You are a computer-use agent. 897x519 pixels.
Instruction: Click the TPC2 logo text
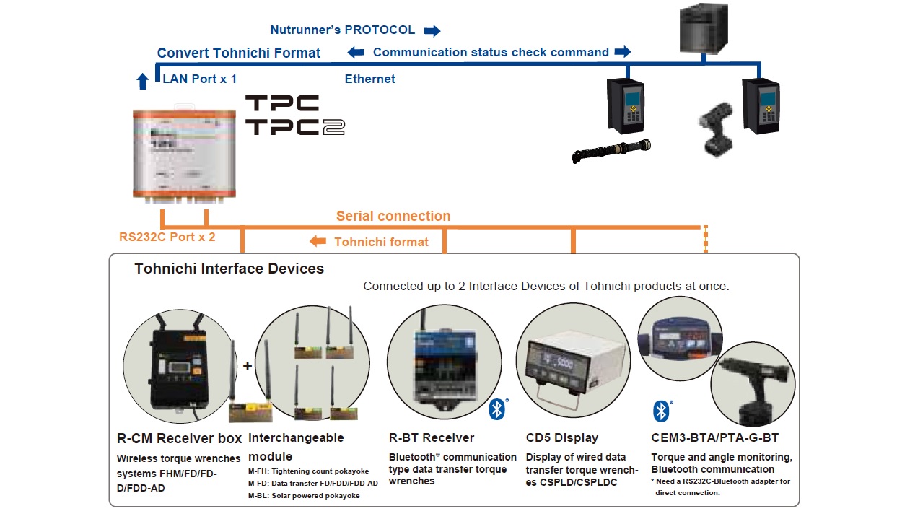(294, 127)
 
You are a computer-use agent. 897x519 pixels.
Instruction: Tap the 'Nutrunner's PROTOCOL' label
(342, 30)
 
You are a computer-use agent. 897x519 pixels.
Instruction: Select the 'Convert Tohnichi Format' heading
(239, 53)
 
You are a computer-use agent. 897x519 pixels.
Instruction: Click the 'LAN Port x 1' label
(200, 79)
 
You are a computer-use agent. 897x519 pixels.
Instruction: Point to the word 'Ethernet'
(369, 79)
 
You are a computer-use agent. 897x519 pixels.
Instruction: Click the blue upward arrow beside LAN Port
(142, 80)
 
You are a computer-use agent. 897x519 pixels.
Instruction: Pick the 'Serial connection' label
(393, 216)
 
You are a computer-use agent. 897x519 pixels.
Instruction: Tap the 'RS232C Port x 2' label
(167, 236)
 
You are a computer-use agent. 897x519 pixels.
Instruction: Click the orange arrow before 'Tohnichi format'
(318, 242)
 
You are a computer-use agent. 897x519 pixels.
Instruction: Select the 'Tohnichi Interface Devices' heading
(229, 269)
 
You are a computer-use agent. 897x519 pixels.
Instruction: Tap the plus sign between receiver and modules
(248, 366)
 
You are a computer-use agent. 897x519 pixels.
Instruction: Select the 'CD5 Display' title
(562, 437)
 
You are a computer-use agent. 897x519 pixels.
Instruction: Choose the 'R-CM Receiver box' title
(179, 438)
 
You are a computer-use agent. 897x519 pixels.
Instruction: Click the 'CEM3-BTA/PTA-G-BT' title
(714, 437)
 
